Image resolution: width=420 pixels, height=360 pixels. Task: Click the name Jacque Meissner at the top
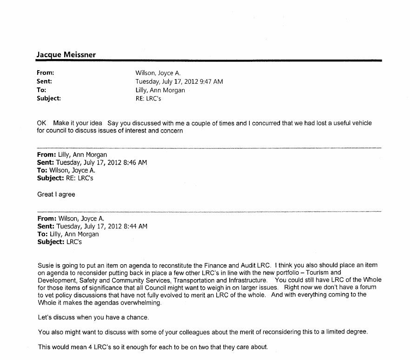click(66, 54)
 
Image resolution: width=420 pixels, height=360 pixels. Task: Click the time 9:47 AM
click(211, 81)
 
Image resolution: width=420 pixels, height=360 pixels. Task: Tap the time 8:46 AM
click(135, 162)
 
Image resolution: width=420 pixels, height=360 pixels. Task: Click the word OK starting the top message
click(42, 123)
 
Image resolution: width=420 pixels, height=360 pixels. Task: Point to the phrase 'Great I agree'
click(56, 194)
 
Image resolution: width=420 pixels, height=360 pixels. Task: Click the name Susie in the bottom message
click(46, 265)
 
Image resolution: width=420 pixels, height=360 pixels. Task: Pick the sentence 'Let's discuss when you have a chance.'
click(93, 317)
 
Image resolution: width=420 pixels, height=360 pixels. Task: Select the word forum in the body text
click(368, 287)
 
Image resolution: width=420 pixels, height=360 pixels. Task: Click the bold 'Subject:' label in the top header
click(49, 98)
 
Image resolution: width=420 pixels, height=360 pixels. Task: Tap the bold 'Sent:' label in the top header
click(44, 81)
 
